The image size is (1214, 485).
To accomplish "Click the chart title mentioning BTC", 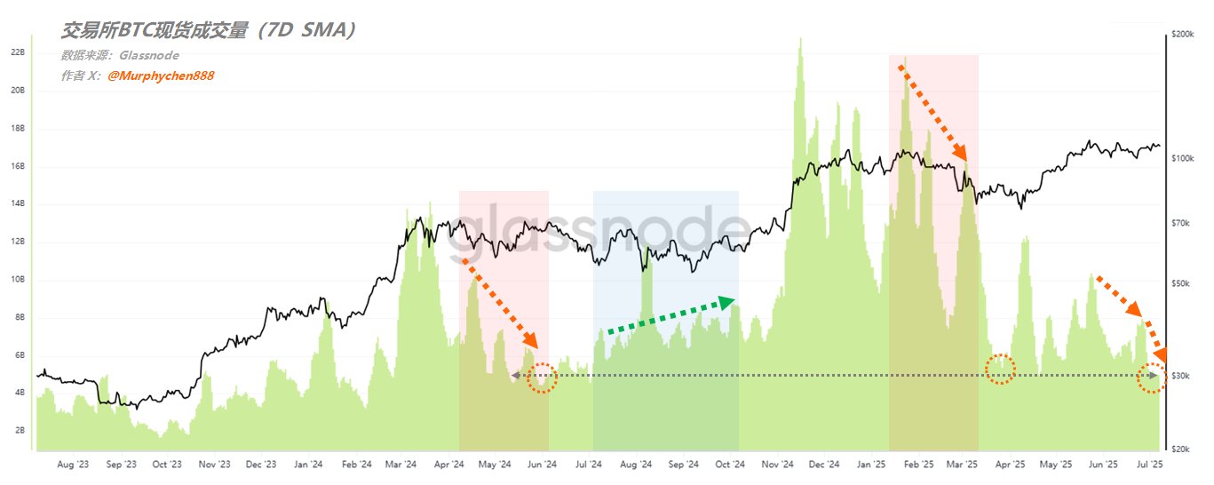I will pos(210,30).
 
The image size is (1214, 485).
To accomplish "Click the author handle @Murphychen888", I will pos(160,76).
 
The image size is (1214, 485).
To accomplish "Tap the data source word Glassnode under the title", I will pos(143,55).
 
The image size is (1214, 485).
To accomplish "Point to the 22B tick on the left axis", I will pos(17,52).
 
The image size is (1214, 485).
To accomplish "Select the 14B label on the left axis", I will pos(17,203).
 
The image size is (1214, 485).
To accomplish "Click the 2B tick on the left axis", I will pos(17,430).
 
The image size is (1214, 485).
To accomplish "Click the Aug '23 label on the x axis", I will pos(72,465).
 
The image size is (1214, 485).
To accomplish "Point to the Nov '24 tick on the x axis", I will pos(777,465).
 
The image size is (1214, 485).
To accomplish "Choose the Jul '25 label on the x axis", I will pos(1149,465).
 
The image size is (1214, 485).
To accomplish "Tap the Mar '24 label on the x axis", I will pos(401,465).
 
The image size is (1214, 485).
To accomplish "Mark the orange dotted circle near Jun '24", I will pos(542,378).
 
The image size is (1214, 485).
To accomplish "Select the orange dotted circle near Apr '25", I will pos(1001,370).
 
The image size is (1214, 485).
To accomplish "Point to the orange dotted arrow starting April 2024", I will pos(500,303).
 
